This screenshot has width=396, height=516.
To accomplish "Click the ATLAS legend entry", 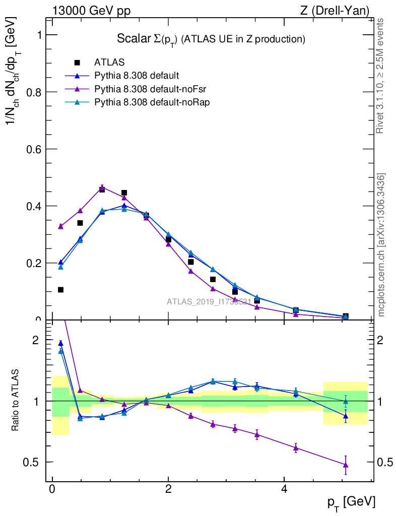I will coord(109,63).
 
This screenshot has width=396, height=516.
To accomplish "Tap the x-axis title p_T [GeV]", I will coord(351,502).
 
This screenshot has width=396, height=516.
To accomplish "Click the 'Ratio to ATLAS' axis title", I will coord(16,400).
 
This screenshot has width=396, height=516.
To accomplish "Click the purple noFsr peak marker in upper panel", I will coord(102,187).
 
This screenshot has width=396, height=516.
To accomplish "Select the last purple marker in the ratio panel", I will coord(346,465).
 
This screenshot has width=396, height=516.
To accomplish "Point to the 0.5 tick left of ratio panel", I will coord(33,462).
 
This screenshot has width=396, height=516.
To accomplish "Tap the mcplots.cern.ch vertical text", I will coord(381,245).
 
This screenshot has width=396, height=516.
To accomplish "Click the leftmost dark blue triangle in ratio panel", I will coord(60,343).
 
